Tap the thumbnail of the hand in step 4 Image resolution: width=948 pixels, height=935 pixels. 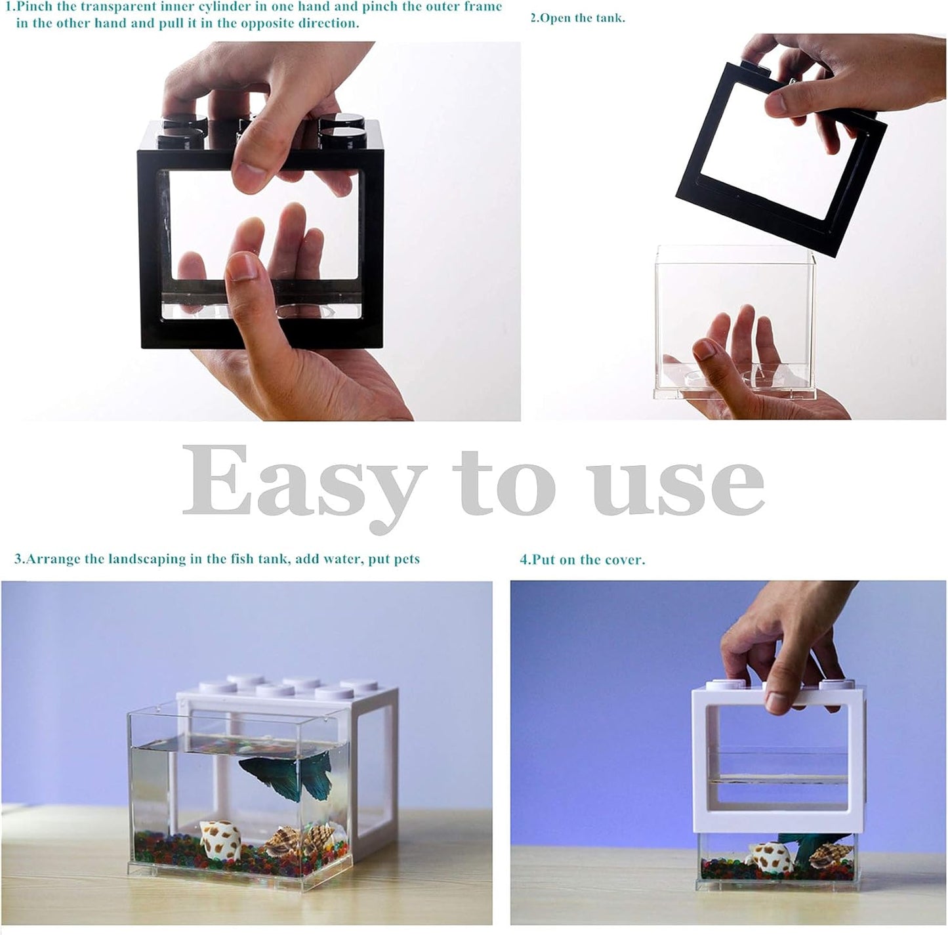coord(778,703)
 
